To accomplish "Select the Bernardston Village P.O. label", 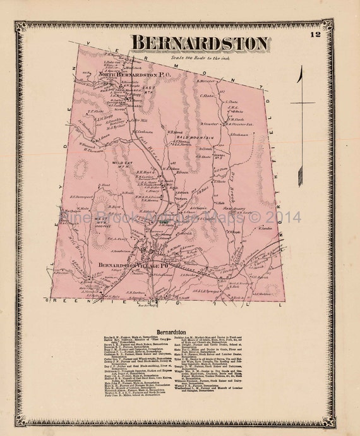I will [x=133, y=265].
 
